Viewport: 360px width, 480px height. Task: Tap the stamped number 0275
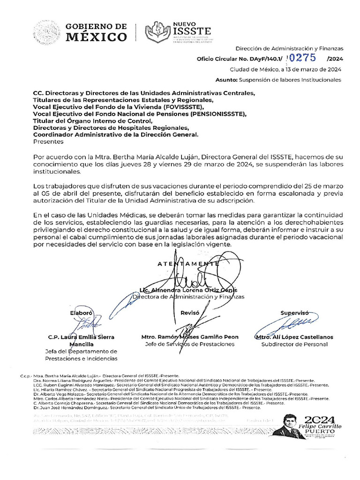304,58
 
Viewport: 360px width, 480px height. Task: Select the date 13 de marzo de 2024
311,69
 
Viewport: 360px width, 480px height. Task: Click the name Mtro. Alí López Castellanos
294,337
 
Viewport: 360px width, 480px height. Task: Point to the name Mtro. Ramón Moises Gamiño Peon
190,337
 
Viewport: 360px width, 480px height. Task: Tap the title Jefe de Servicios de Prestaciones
190,344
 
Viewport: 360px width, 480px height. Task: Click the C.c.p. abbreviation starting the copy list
26,376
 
